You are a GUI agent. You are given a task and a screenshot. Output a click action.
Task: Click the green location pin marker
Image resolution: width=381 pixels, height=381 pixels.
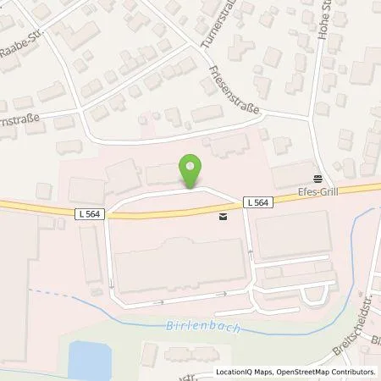pos(191,171)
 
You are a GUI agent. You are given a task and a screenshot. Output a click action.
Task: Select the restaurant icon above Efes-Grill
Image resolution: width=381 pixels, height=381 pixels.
pos(317,179)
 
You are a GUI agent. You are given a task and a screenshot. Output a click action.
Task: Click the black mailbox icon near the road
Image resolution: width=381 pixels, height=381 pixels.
pos(223,218)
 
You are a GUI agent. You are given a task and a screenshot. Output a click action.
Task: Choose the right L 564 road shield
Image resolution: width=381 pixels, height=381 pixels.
pos(258,202)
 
